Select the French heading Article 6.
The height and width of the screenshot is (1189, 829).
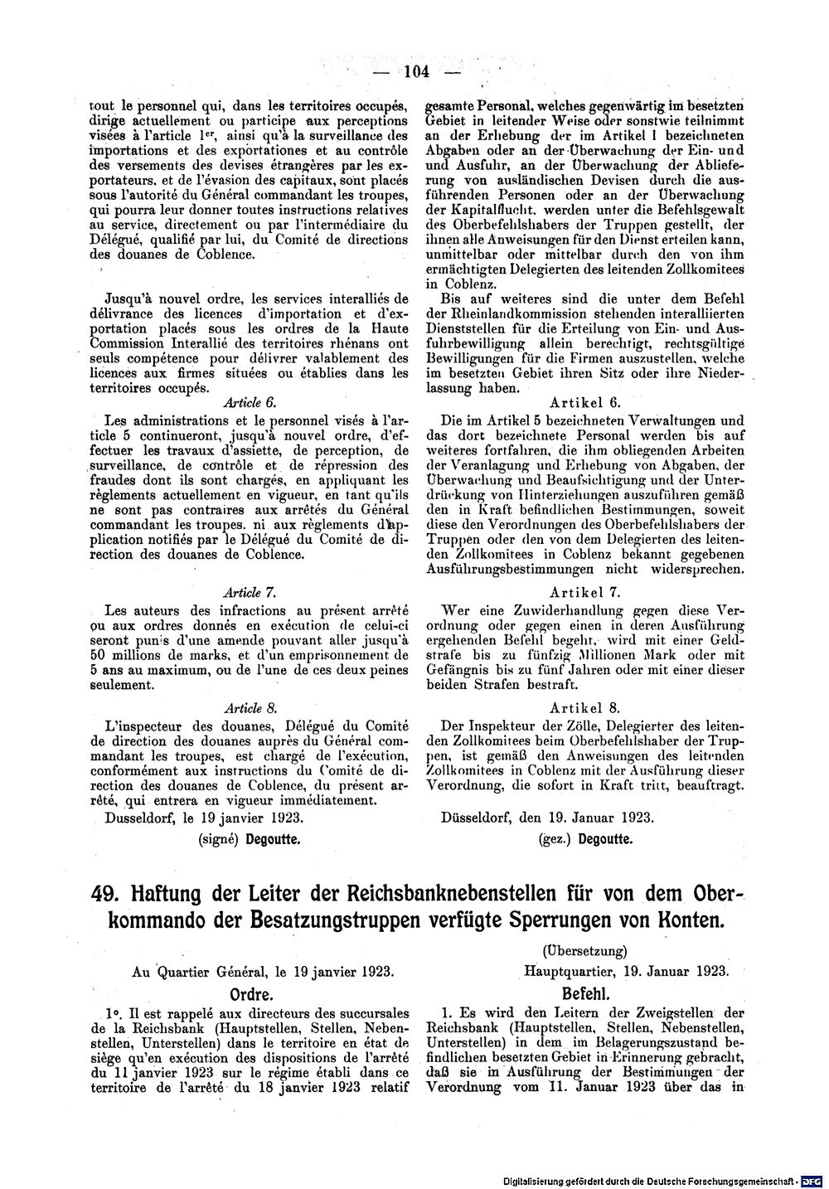click(x=250, y=402)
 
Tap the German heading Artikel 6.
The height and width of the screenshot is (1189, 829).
click(x=590, y=403)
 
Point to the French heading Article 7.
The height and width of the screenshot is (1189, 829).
click(x=250, y=593)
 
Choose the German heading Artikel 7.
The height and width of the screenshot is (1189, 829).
click(x=590, y=593)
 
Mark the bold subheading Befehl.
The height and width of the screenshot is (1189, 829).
click(x=586, y=992)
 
